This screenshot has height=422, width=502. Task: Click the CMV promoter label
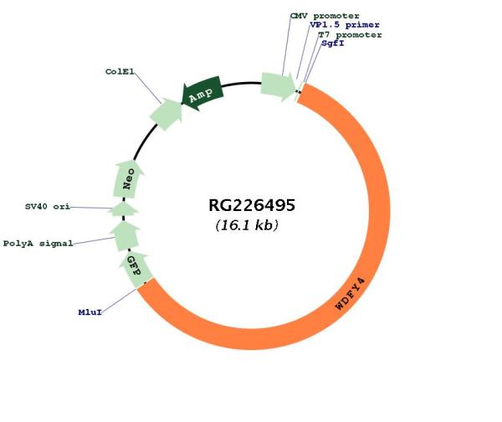point(325,16)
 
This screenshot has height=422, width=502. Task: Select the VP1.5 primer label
point(344,25)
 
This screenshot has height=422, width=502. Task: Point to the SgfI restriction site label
point(333,44)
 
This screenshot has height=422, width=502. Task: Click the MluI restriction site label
point(90,312)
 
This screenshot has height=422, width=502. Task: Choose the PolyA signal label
point(38,244)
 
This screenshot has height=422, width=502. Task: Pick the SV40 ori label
point(47,206)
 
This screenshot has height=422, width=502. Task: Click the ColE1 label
point(120,72)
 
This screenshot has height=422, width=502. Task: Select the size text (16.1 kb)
point(247,226)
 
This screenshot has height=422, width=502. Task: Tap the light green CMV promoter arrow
point(277,84)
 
